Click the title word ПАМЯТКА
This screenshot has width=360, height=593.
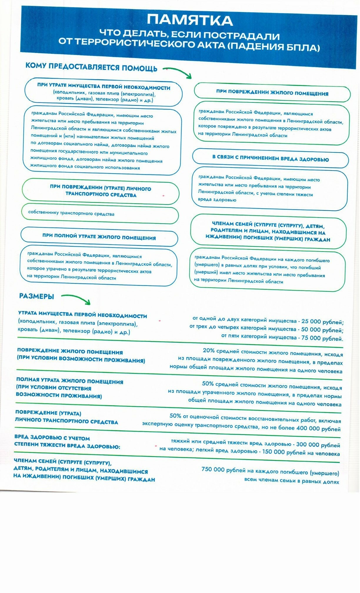click(x=190, y=20)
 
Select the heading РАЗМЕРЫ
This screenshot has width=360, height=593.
click(x=36, y=296)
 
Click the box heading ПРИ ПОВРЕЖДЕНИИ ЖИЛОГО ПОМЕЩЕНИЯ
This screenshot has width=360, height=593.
click(x=272, y=93)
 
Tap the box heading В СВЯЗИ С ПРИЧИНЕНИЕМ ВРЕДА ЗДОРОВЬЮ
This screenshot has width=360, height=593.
click(x=270, y=159)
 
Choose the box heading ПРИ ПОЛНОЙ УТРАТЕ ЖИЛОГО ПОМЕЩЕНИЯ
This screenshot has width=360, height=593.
click(x=99, y=237)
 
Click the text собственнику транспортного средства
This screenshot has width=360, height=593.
click(x=71, y=213)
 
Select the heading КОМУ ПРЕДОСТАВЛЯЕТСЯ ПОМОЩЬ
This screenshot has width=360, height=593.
click(x=91, y=67)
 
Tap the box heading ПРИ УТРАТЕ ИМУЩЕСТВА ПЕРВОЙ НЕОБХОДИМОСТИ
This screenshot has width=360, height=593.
click(x=104, y=87)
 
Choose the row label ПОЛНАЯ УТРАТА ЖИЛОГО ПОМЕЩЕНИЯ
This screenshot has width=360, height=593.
click(x=69, y=382)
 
